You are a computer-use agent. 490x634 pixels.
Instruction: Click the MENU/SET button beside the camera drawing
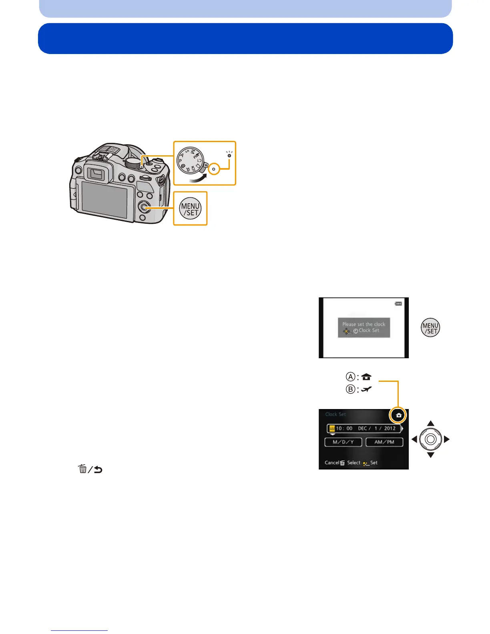click(190, 209)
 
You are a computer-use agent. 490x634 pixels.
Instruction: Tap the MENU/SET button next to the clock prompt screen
click(430, 328)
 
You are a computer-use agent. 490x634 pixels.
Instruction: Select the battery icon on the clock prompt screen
click(398, 304)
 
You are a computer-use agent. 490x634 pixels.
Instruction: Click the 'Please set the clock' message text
click(363, 324)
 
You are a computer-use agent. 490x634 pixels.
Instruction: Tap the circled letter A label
click(351, 377)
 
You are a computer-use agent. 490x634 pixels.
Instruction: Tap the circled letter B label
click(351, 389)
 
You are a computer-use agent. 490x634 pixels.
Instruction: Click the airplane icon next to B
click(366, 389)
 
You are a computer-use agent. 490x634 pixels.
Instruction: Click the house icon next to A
click(366, 377)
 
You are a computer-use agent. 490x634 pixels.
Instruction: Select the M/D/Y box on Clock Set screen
click(343, 442)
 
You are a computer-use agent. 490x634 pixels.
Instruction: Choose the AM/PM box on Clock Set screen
click(384, 442)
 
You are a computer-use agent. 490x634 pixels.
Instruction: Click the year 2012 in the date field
click(390, 428)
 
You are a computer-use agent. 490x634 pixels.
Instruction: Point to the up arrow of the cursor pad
click(430, 423)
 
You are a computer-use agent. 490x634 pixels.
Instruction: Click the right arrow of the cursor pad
click(447, 439)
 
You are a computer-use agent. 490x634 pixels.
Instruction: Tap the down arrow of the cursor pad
click(430, 455)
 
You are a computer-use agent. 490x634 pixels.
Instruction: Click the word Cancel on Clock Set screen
click(332, 463)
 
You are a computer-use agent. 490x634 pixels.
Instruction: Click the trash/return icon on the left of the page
click(90, 469)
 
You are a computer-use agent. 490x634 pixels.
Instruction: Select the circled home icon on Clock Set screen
click(398, 415)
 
